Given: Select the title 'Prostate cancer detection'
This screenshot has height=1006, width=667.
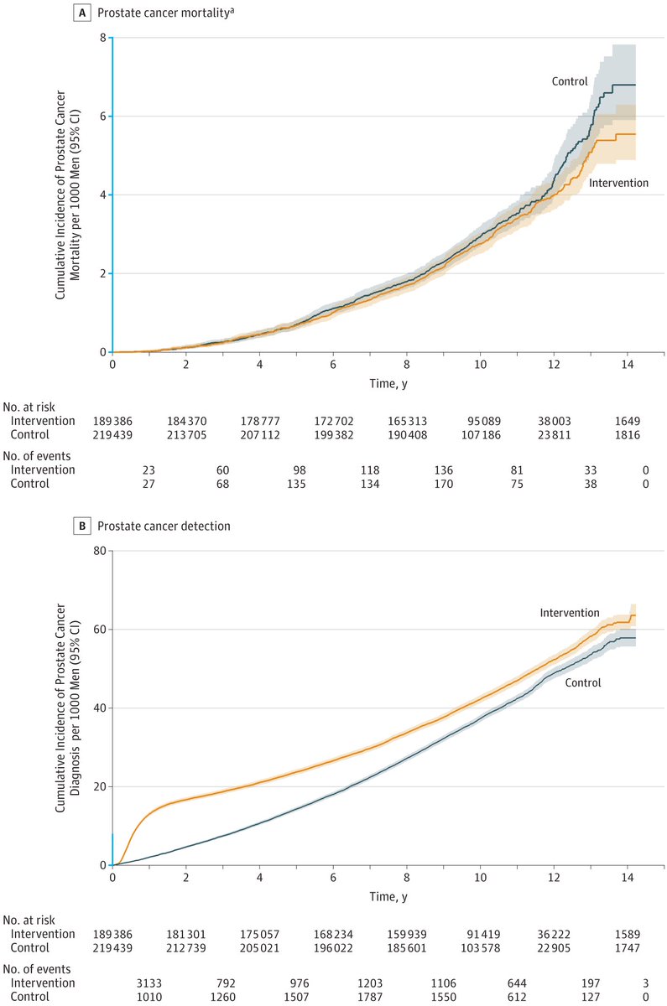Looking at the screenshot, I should (164, 526).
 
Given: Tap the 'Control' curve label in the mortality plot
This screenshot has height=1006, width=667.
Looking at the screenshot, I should (569, 81).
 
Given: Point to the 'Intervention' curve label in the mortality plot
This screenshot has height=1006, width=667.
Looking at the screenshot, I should (618, 182).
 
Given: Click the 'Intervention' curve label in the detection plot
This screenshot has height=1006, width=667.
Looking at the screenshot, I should (570, 613).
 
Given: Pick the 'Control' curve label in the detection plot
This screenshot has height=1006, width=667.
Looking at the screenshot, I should (583, 682).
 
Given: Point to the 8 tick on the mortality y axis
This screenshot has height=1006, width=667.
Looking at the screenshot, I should (102, 38).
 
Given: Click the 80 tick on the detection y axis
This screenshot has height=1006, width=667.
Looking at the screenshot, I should (100, 551).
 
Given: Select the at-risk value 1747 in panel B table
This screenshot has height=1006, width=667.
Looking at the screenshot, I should (627, 947).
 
